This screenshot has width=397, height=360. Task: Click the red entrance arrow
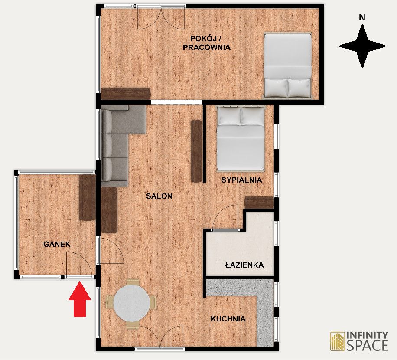[x=80, y=299]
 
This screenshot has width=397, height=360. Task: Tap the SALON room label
[x=159, y=196]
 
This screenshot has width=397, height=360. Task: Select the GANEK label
[x=57, y=244]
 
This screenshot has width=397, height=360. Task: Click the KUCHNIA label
[x=228, y=319]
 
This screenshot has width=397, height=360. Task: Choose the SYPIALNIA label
[x=241, y=180]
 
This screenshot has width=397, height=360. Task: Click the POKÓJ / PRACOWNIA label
[x=207, y=43]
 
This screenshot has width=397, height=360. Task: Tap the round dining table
[x=132, y=303]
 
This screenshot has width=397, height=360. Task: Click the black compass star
[x=362, y=46]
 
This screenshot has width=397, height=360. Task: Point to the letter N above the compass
[x=362, y=17]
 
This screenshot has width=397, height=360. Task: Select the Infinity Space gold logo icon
[x=338, y=341]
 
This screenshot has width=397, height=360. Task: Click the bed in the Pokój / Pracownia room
[x=288, y=65]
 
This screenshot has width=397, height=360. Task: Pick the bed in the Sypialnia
[x=241, y=138]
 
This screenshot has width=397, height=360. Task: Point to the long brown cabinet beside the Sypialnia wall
[x=196, y=151]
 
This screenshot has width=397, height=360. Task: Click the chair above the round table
[x=133, y=282]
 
